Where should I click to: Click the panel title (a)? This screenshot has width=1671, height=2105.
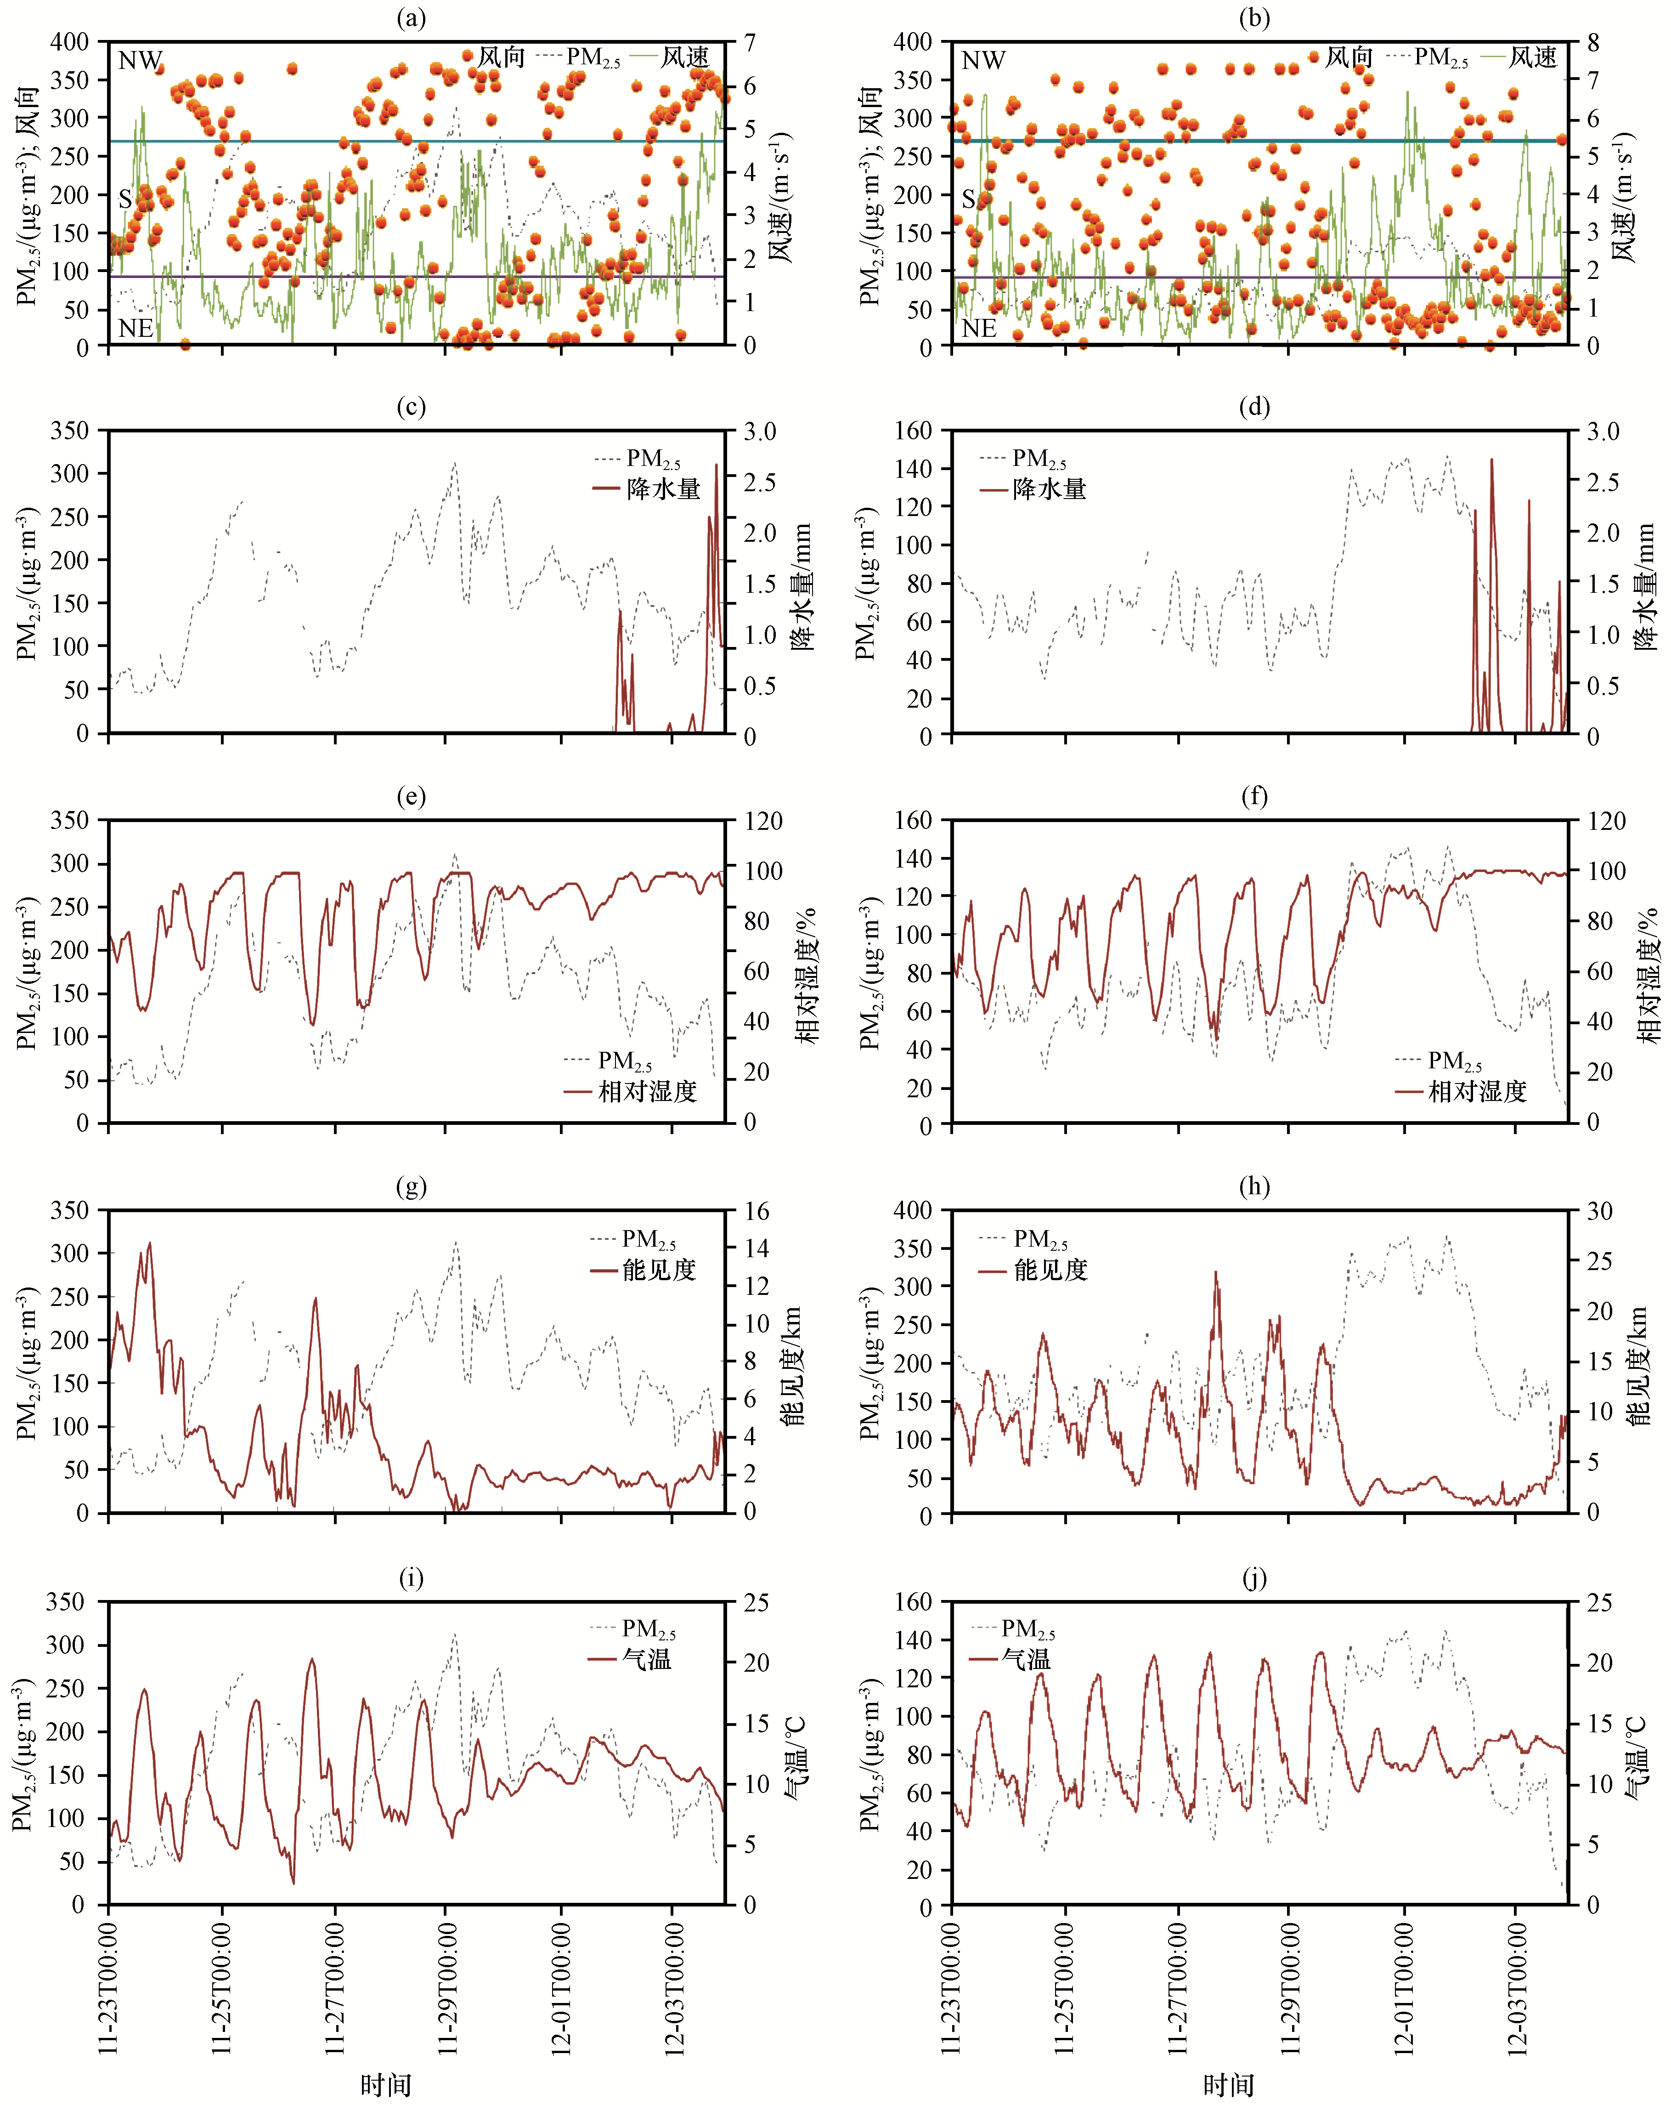[x=411, y=17]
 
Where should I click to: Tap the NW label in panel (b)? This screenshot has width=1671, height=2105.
[x=983, y=61]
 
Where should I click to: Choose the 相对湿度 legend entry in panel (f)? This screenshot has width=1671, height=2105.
[x=1477, y=1090]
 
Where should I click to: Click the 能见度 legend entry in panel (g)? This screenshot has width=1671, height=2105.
[x=659, y=1269]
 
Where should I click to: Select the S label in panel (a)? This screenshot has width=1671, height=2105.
[x=125, y=199]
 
